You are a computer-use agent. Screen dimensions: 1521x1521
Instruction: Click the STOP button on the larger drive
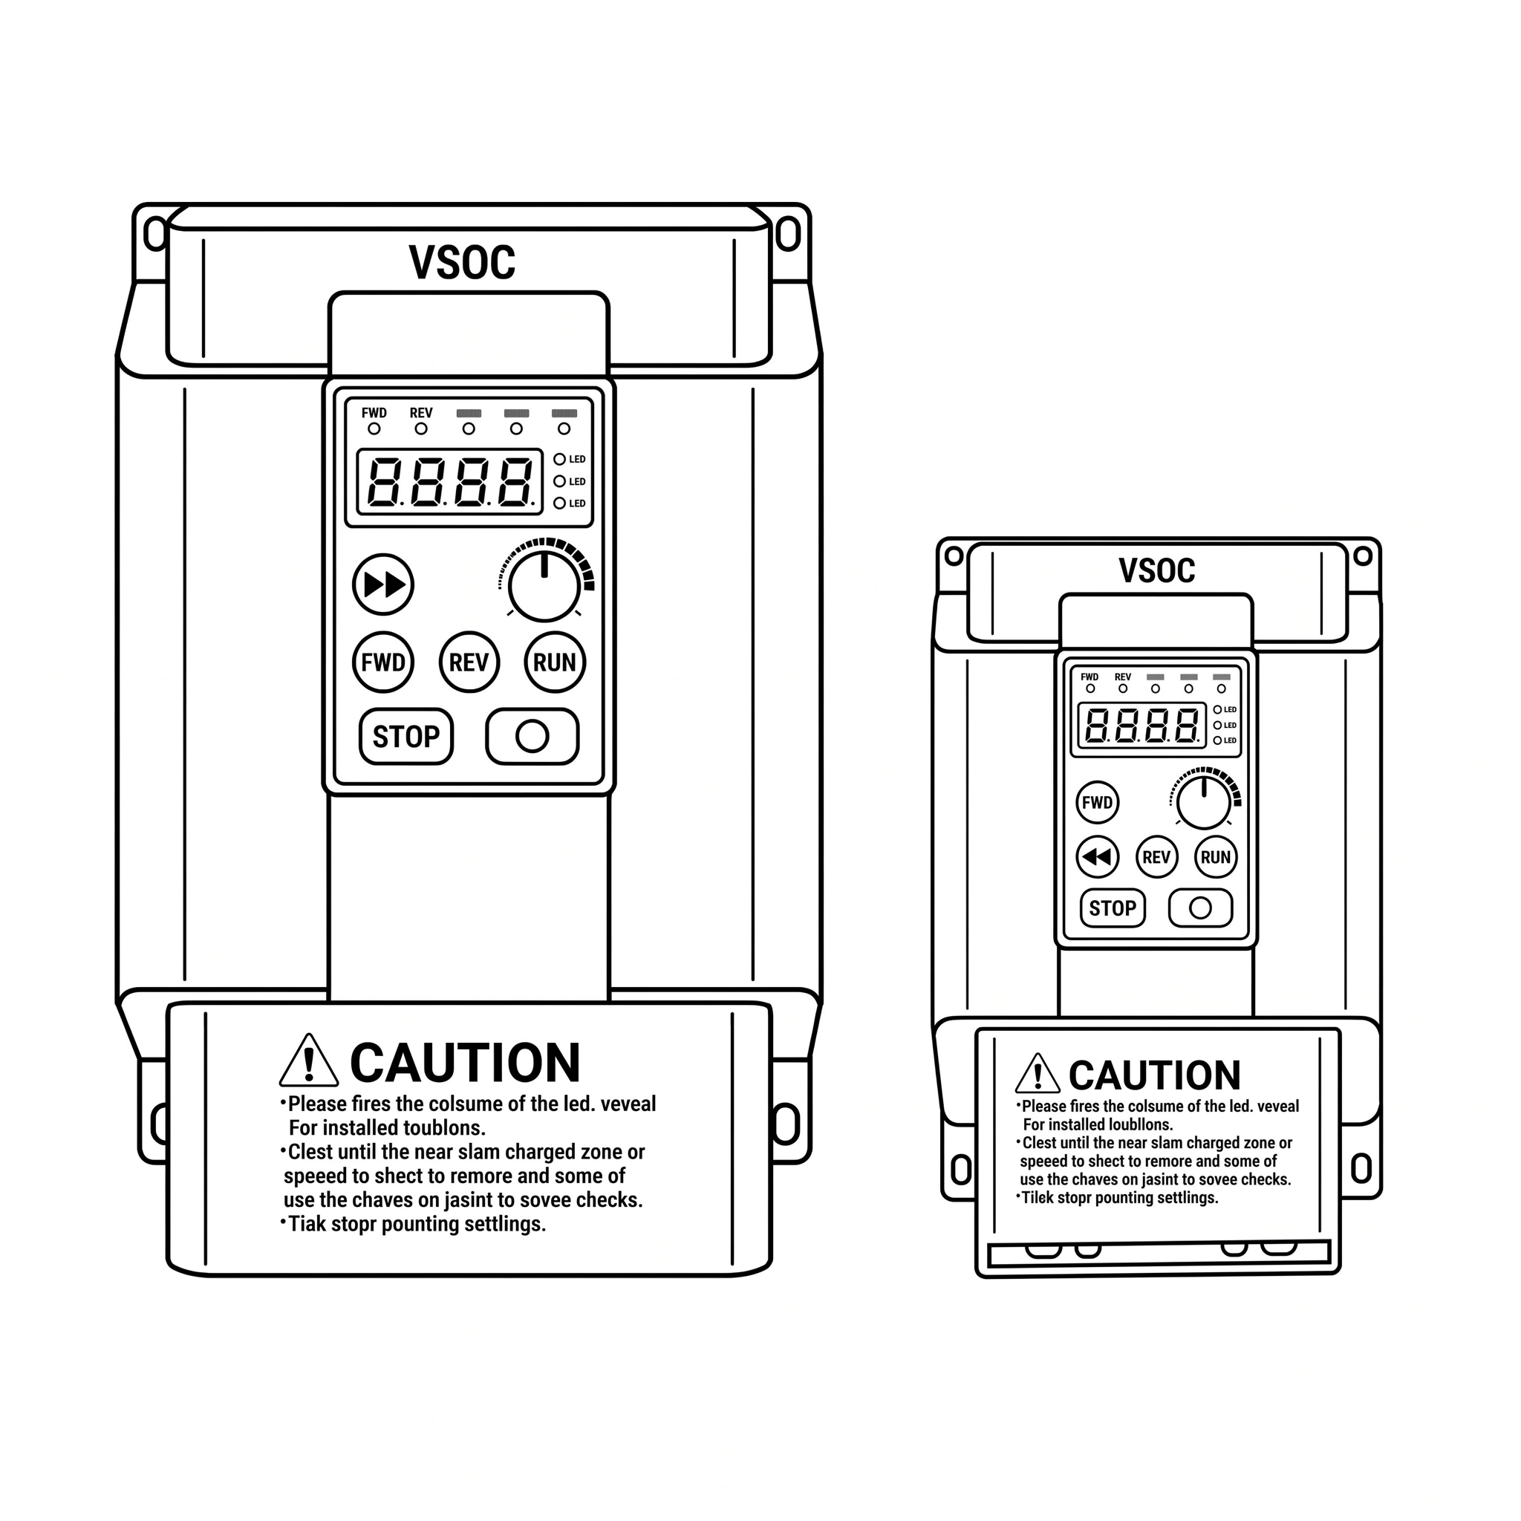pyautogui.click(x=406, y=737)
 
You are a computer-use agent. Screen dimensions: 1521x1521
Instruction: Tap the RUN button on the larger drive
pyautogui.click(x=555, y=662)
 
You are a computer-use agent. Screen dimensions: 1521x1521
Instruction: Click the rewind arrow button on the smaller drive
pyautogui.click(x=1098, y=856)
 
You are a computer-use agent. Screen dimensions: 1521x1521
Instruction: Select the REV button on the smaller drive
pyautogui.click(x=1156, y=856)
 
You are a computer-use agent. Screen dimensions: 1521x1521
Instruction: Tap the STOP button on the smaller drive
pyautogui.click(x=1113, y=908)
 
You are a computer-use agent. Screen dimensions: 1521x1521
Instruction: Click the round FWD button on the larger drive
pyautogui.click(x=383, y=662)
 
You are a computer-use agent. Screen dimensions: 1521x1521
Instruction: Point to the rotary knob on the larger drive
pyautogui.click(x=544, y=586)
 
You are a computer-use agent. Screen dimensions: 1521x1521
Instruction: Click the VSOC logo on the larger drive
pyautogui.click(x=462, y=262)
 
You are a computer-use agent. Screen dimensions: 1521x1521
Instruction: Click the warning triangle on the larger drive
pyautogui.click(x=309, y=1060)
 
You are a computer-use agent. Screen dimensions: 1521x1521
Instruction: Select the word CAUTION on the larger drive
pyautogui.click(x=465, y=1063)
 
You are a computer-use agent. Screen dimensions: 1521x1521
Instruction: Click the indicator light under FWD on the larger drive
pyautogui.click(x=374, y=429)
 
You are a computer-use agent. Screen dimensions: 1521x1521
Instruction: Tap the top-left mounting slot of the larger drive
pyautogui.click(x=156, y=234)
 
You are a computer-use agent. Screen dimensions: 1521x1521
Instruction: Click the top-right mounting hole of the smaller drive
pyautogui.click(x=1363, y=556)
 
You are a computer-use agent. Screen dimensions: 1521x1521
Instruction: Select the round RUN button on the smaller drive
pyautogui.click(x=1216, y=856)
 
